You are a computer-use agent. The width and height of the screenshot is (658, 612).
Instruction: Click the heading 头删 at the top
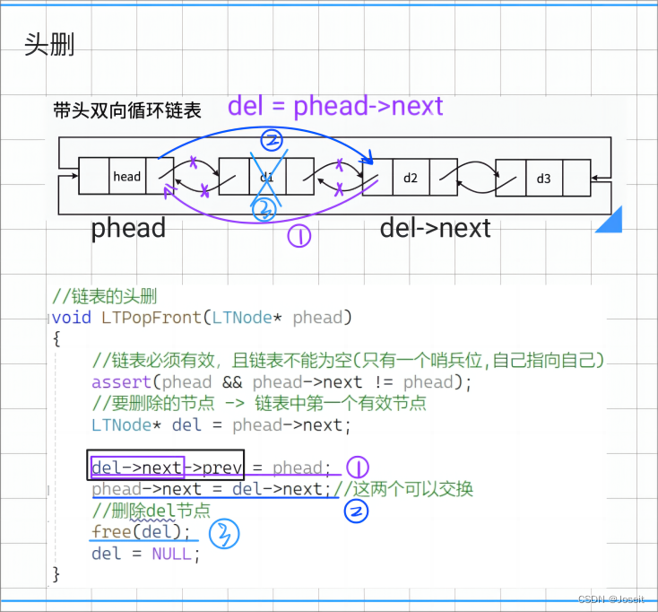[x=49, y=45]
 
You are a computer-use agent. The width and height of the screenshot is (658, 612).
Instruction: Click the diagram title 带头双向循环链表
[x=126, y=111]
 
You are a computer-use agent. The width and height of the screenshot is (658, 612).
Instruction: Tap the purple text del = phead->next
[x=335, y=106]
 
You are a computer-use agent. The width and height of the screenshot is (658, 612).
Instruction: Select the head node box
[x=126, y=176]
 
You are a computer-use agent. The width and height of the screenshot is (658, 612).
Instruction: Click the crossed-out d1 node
[x=266, y=177]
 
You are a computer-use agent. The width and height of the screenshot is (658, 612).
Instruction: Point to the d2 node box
[x=410, y=177]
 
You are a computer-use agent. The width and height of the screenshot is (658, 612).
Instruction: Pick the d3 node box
[x=543, y=178]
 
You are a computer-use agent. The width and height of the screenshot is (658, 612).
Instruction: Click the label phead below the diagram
[x=128, y=228]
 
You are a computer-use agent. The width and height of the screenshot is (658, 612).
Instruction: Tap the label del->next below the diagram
[x=435, y=228]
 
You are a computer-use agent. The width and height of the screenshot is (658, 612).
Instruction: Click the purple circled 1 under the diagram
[x=298, y=235]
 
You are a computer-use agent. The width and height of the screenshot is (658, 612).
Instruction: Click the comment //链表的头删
[x=105, y=297]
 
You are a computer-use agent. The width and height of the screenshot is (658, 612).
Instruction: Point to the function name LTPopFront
[x=147, y=318]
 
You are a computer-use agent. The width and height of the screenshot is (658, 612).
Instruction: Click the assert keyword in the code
[x=119, y=382]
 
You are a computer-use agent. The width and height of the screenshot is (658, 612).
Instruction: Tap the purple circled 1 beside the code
[x=357, y=467]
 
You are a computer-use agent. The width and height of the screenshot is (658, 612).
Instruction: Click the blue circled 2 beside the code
[x=357, y=511]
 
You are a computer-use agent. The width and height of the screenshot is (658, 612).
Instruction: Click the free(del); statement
[x=142, y=532]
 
